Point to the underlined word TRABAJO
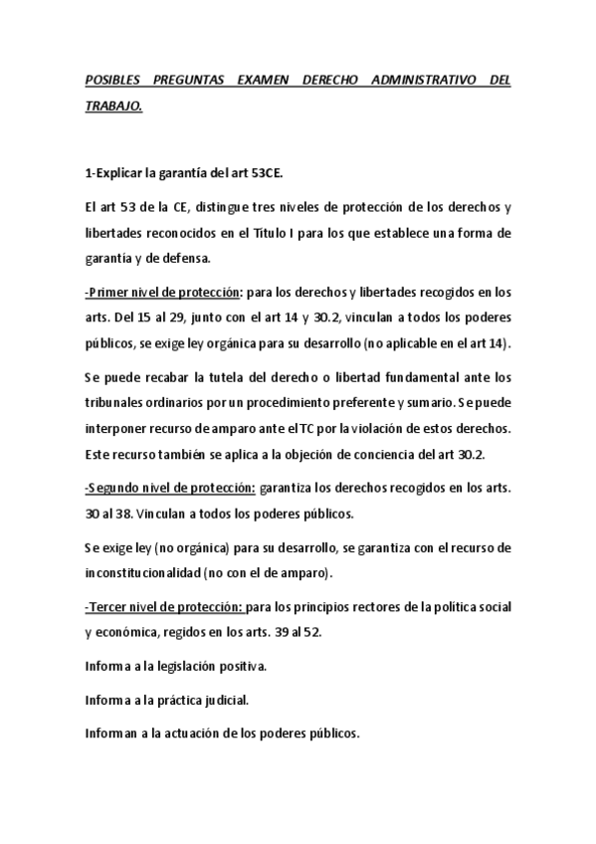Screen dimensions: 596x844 click(x=113, y=105)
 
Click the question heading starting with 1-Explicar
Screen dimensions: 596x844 click(x=184, y=172)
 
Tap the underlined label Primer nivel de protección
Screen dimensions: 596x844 click(x=164, y=293)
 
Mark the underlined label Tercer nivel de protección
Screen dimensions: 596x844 click(x=164, y=607)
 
